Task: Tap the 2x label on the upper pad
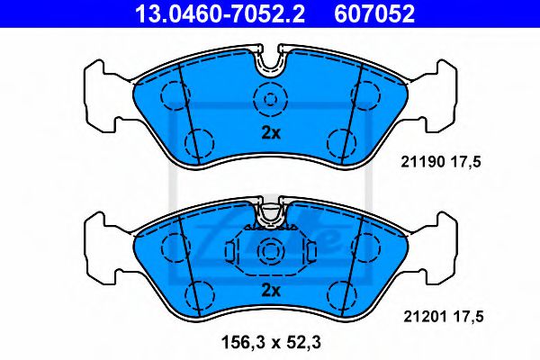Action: pyautogui.click(x=271, y=133)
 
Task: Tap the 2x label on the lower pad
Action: pyautogui.click(x=271, y=290)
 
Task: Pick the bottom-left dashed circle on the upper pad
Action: pyautogui.click(x=200, y=141)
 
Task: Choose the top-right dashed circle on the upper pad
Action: pyautogui.click(x=369, y=93)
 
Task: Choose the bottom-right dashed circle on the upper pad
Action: pyautogui.click(x=340, y=141)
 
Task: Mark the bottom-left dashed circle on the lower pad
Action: pyautogui.click(x=200, y=293)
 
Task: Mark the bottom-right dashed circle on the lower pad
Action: pyautogui.click(x=340, y=293)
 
